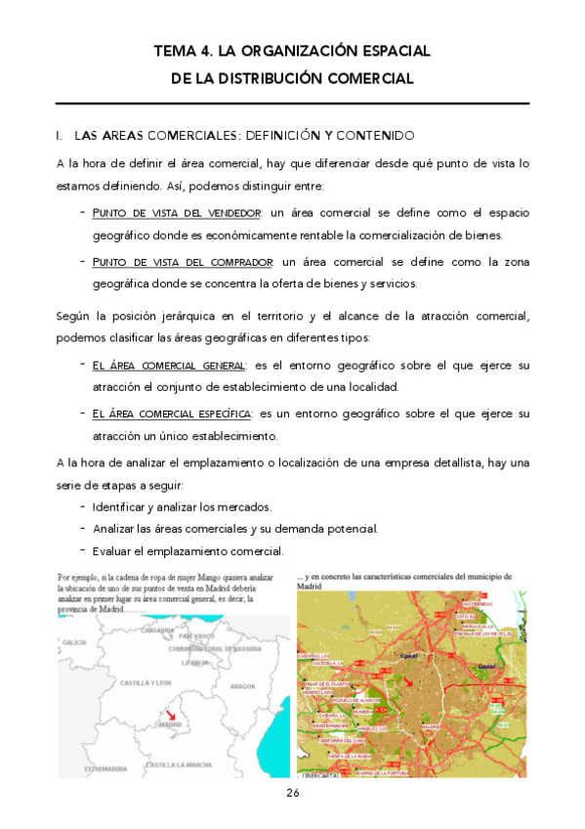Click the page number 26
[x=292, y=793]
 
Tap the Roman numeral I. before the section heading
[x=61, y=135]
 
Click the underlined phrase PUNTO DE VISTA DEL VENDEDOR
[x=177, y=212]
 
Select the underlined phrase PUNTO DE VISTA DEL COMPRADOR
[x=184, y=262]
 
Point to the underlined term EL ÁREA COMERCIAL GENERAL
[x=169, y=365]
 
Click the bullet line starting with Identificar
[x=182, y=507]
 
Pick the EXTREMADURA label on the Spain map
[x=106, y=768]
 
